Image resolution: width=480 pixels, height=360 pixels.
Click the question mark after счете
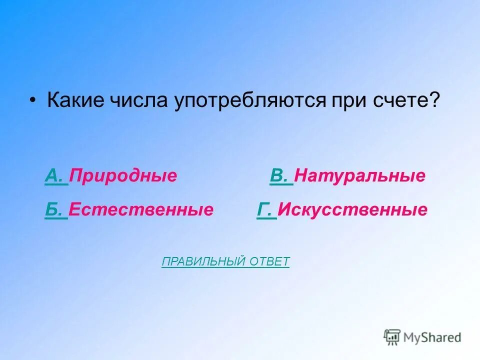click(x=434, y=101)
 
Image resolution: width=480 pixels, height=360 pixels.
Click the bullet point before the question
click(x=32, y=102)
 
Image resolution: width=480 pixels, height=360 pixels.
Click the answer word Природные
click(x=123, y=176)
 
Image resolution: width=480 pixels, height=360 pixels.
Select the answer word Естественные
click(x=141, y=209)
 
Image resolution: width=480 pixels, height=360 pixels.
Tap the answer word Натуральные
click(x=359, y=176)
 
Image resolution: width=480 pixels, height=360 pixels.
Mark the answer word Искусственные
click(x=352, y=209)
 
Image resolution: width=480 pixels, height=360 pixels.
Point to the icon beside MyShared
click(x=392, y=337)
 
